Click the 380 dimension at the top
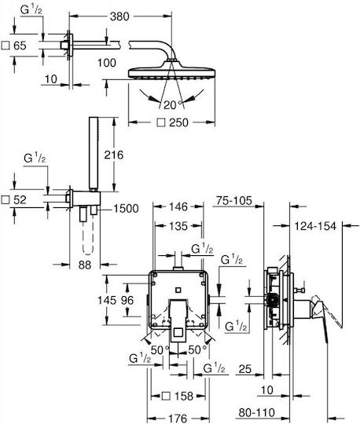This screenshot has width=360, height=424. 119,16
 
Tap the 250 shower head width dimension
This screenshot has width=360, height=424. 173,122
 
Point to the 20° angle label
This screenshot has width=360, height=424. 173,105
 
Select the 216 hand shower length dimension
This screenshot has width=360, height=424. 114,155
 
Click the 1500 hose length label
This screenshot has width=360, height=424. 126,209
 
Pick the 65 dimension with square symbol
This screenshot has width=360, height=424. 14,46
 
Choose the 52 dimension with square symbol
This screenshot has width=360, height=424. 14,200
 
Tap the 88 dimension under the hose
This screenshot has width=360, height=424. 85,265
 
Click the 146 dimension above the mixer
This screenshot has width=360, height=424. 178,207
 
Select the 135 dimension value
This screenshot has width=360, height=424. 178,226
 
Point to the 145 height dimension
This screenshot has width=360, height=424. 107,300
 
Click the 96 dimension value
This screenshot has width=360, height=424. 127,300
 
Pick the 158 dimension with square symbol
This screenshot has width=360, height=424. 178,397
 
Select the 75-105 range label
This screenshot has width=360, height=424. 234,201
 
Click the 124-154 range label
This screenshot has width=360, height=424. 315,226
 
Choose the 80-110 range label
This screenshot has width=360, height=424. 256,413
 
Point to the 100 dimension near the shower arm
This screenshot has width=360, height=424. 107,63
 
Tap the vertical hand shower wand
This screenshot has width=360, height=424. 94,154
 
